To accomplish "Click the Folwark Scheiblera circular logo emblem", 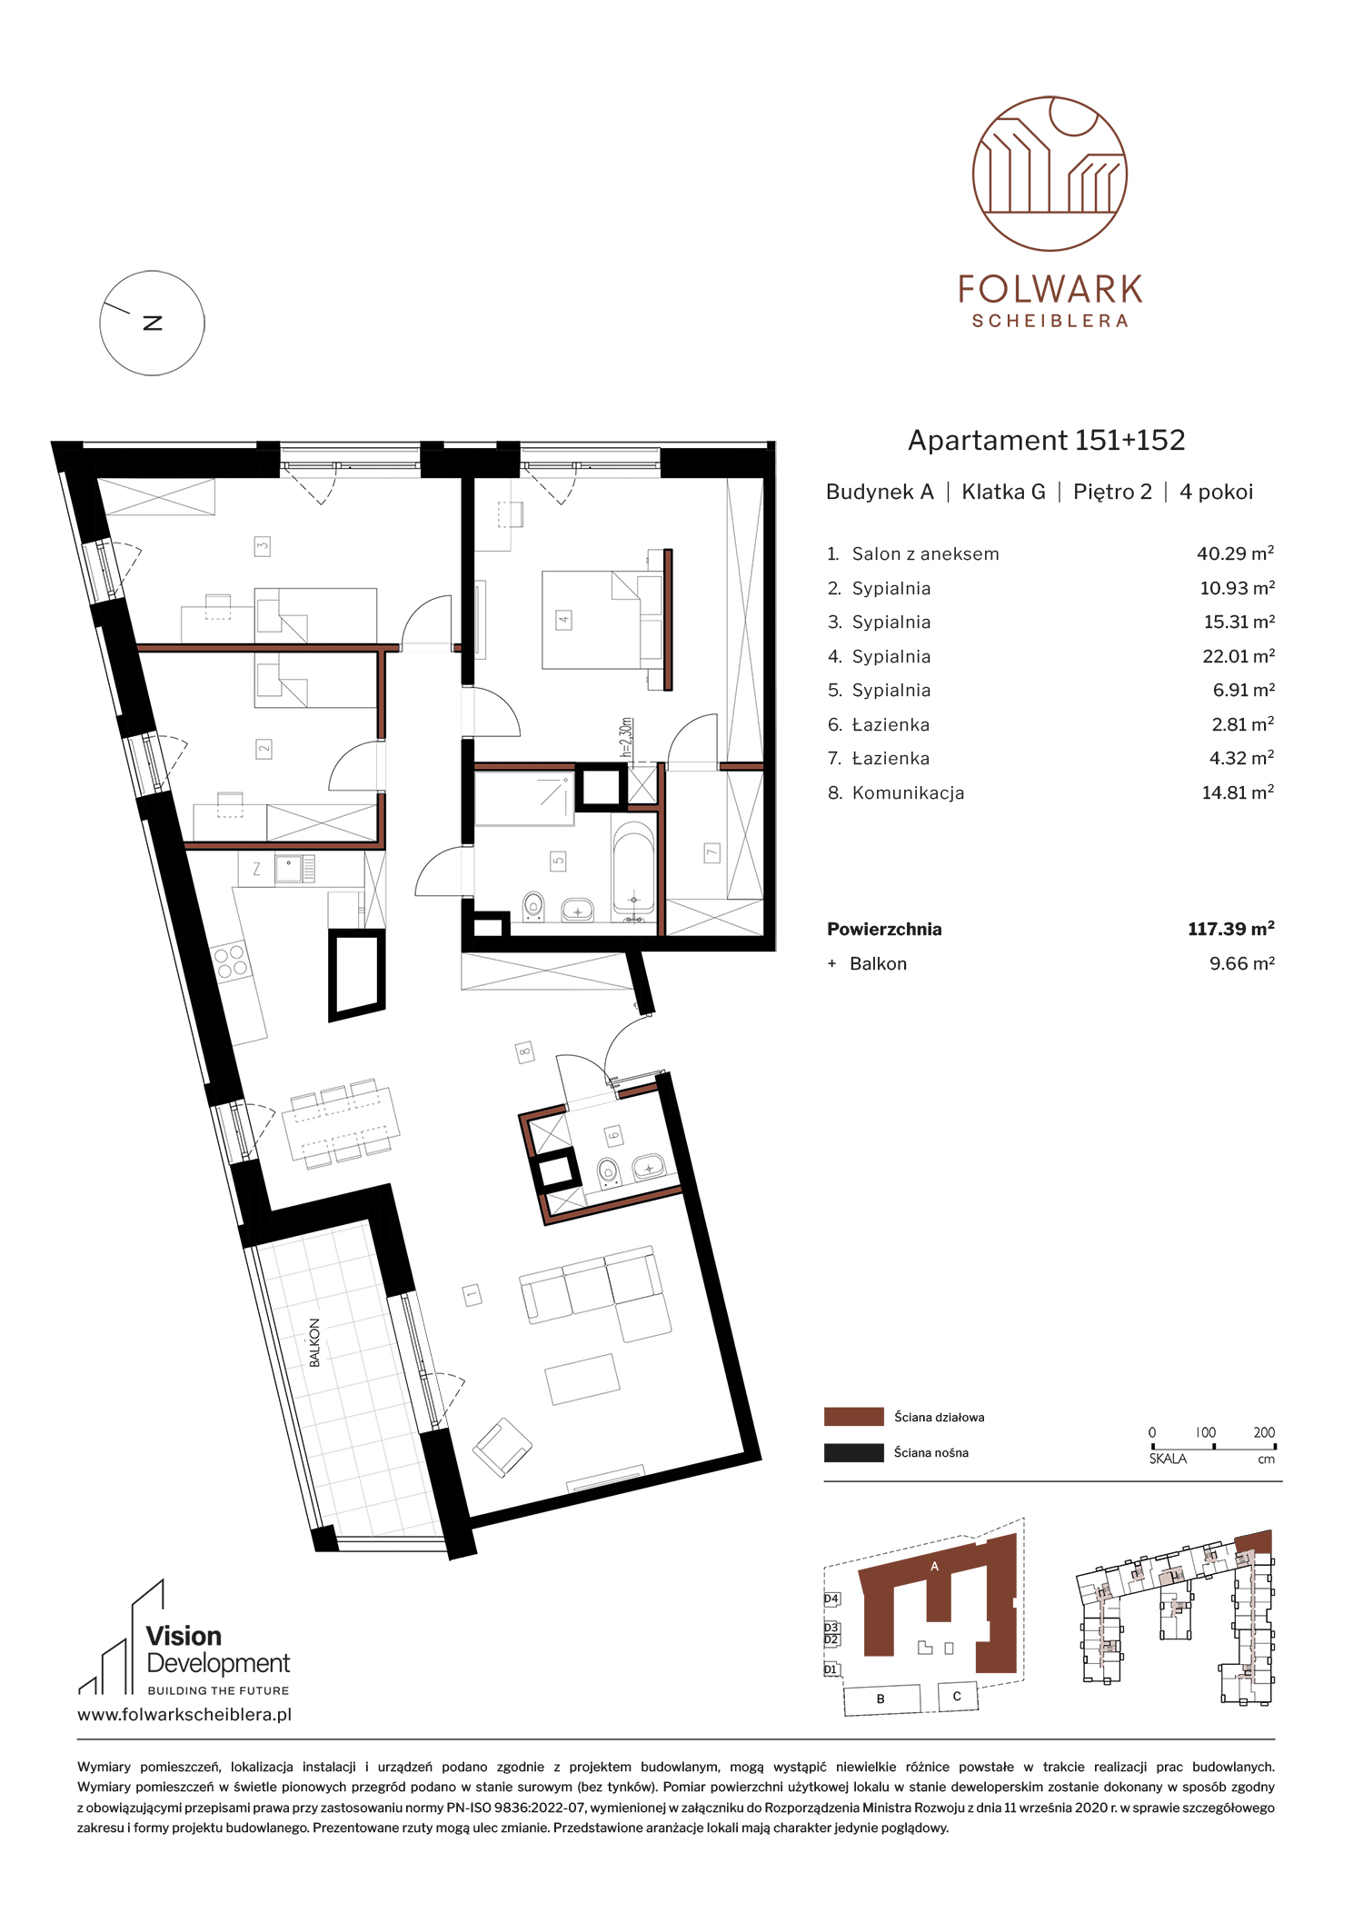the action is click(1050, 173).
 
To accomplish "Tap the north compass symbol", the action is click(152, 323).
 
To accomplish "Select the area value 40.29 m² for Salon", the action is click(1235, 553).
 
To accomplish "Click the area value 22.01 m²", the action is click(1239, 656).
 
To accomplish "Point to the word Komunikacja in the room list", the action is click(908, 793).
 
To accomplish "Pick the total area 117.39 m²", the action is click(1230, 929).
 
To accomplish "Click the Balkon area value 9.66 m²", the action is click(1241, 963).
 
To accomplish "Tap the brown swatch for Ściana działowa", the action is click(853, 1417).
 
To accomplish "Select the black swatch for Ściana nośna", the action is click(853, 1452).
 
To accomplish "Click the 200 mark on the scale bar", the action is click(1264, 1432).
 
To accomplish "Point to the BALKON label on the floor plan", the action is click(314, 1343).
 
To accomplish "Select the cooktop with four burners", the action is click(230, 961).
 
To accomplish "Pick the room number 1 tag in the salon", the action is click(472, 1294).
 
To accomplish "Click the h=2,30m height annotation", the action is click(625, 738).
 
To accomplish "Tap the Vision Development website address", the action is click(184, 1715).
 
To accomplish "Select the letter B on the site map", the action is click(880, 1699).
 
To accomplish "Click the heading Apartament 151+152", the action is click(1047, 440).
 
